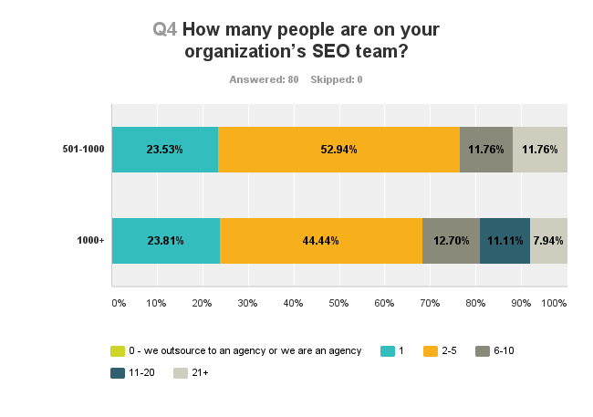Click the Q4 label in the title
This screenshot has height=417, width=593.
pos(164,29)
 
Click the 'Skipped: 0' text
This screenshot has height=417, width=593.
pos(337,79)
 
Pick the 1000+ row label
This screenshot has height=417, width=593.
pos(92,241)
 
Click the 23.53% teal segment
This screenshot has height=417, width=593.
pos(165,150)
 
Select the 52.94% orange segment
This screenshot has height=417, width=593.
pos(338,150)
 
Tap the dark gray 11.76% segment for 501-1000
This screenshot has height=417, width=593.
pos(486,150)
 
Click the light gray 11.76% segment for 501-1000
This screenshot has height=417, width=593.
pos(540,150)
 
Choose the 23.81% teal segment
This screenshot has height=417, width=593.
pos(166,241)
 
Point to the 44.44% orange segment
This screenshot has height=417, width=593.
pos(321,241)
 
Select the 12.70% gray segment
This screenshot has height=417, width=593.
pos(451,241)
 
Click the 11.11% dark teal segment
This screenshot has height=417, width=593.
pos(505,241)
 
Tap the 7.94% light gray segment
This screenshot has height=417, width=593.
pos(548,241)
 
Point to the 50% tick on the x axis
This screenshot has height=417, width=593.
pos(338,302)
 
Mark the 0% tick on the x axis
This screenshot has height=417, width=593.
pos(118,302)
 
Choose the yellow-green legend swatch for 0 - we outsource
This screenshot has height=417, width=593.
pos(117,351)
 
